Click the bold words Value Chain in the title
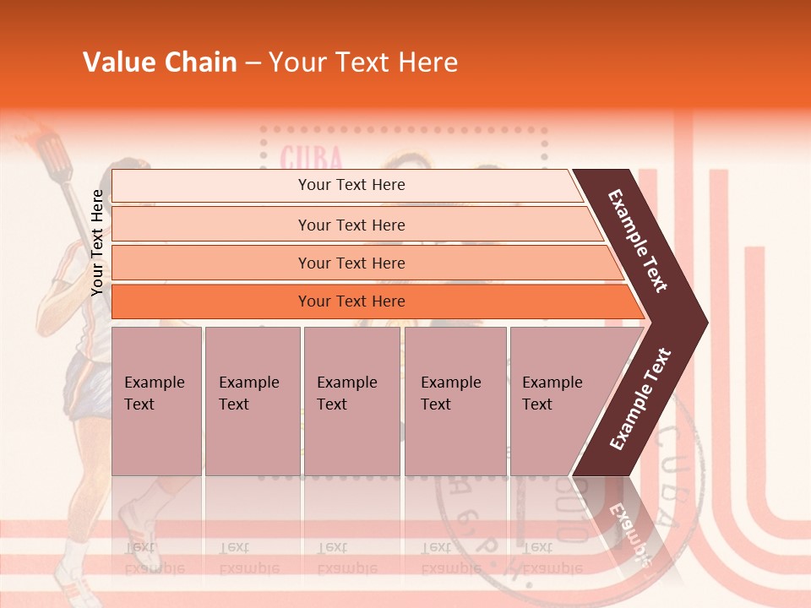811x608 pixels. pyautogui.click(x=160, y=62)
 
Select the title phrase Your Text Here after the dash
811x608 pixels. pyautogui.click(x=363, y=62)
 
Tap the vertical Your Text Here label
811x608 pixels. pyautogui.click(x=97, y=242)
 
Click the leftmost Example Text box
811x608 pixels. pyautogui.click(x=156, y=400)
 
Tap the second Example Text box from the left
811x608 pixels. pyautogui.click(x=252, y=400)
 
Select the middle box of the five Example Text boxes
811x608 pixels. pyautogui.click(x=351, y=400)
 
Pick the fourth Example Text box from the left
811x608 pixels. pyautogui.click(x=454, y=400)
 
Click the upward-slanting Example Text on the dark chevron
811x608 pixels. pyautogui.click(x=640, y=399)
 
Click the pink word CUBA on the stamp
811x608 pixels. pyautogui.click(x=311, y=158)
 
